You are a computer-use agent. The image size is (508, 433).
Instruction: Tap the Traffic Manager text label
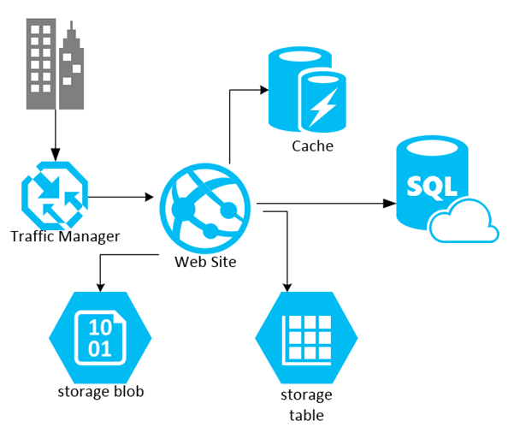tap(65, 235)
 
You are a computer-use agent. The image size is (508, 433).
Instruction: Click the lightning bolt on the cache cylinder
tap(323, 106)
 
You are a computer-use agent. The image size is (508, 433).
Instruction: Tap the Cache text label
tap(312, 146)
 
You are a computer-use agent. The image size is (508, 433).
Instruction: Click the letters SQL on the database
tap(431, 184)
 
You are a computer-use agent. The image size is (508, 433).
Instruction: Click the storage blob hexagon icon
tap(100, 336)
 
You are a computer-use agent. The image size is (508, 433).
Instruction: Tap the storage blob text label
tap(100, 392)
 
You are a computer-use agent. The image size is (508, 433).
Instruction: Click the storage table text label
tap(305, 405)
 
